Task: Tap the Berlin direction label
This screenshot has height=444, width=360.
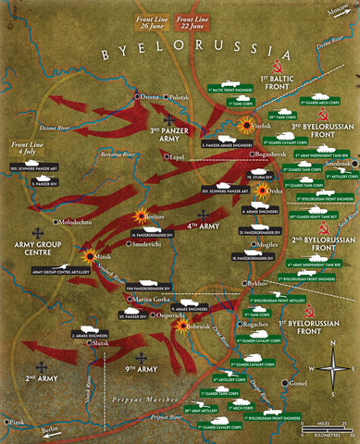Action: click(x=48, y=431)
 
